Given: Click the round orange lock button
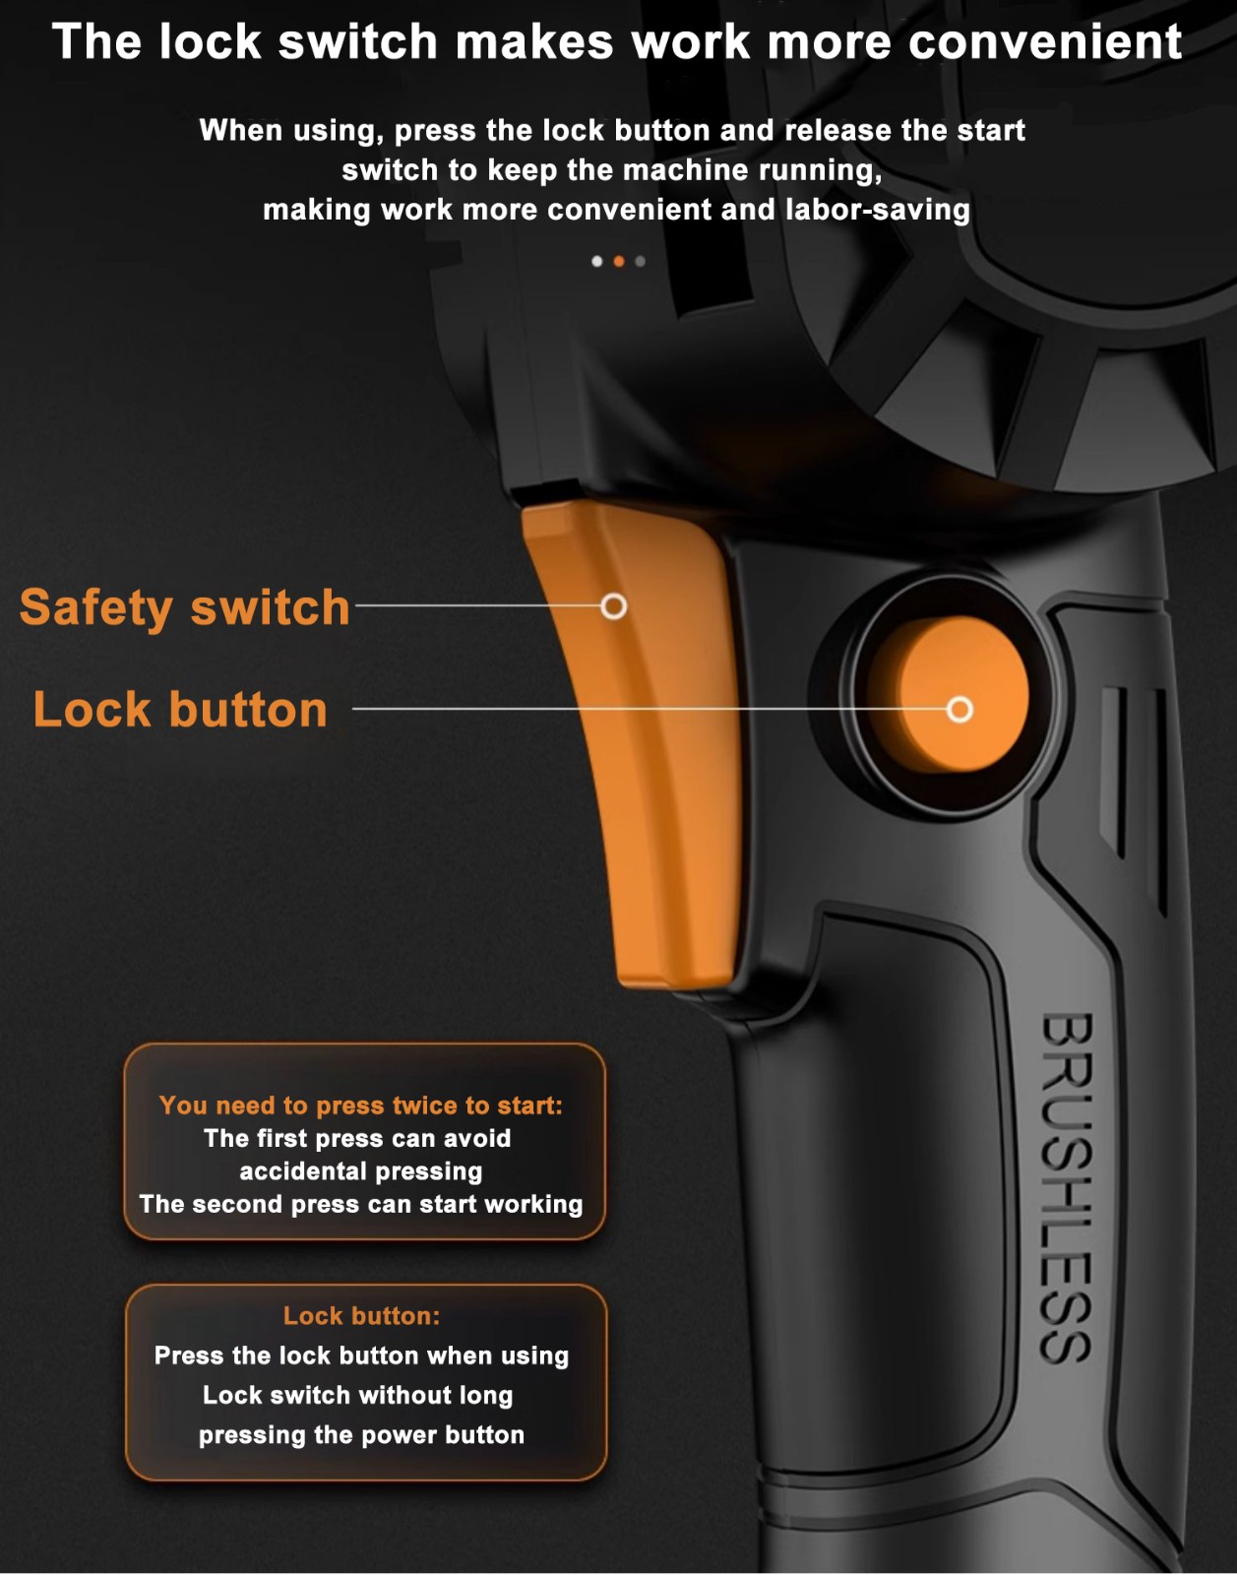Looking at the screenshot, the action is click(949, 694).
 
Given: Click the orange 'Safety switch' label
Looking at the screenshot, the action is click(185, 607).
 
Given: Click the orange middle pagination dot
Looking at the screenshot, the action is click(618, 261).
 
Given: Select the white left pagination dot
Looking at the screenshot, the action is click(596, 261).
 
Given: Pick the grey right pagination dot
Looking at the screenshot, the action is click(641, 261).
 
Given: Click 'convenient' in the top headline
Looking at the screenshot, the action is click(1045, 41).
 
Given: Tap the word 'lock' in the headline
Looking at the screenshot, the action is click(210, 41).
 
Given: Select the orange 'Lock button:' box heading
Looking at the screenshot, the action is click(361, 1315).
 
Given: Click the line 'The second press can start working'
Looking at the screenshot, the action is click(361, 1204).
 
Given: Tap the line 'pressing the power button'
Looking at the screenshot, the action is click(361, 1435).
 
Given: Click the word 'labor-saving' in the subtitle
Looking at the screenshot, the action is click(877, 210).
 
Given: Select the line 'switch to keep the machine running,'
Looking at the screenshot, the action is click(612, 170).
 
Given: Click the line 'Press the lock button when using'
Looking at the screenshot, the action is click(361, 1355).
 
